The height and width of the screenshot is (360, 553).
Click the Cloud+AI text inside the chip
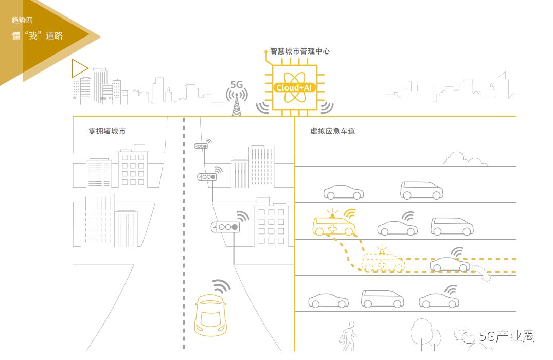(x=294, y=87)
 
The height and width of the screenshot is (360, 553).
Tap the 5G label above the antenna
(x=237, y=84)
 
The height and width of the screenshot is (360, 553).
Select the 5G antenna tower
(x=237, y=104)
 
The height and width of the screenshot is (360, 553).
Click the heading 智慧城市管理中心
(x=299, y=51)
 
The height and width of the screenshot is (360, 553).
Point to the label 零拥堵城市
(x=107, y=131)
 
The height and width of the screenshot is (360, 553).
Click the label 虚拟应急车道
(x=332, y=131)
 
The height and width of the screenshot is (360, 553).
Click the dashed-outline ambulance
(x=384, y=262)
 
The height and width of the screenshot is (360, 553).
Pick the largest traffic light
(x=226, y=226)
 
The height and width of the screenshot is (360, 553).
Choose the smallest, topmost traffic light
(x=201, y=146)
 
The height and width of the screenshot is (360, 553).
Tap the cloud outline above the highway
(x=465, y=159)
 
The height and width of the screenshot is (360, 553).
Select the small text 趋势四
(x=22, y=20)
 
